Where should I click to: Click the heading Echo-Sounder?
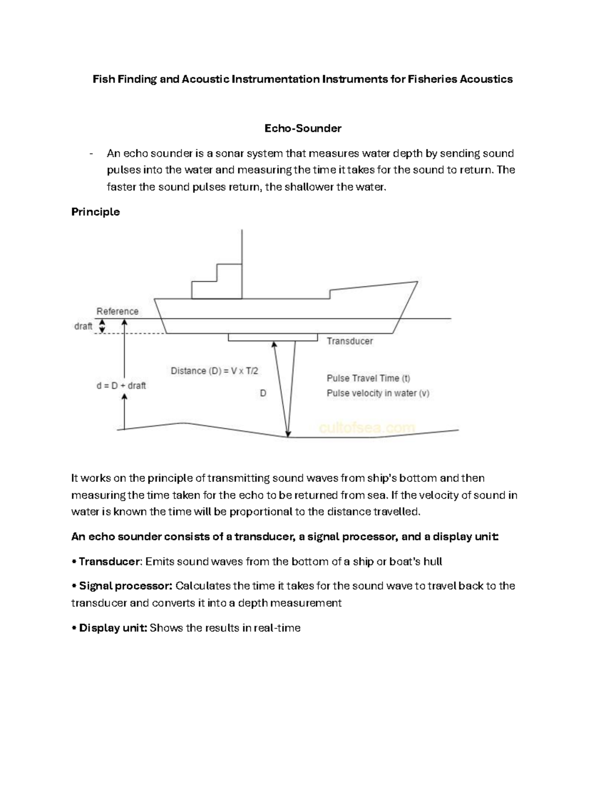[x=302, y=128]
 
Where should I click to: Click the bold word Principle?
[x=95, y=212]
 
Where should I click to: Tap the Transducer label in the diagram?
[x=349, y=341]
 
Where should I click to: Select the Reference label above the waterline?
[x=117, y=311]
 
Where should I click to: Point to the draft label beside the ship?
[x=83, y=327]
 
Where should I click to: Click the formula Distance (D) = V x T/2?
[x=214, y=371]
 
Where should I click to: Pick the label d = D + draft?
[x=121, y=386]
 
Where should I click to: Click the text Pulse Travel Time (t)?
[x=368, y=378]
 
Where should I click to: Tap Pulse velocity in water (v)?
[x=378, y=393]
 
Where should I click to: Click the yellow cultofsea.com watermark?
[x=367, y=428]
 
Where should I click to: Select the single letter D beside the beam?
[x=263, y=393]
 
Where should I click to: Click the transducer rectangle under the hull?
[x=272, y=337]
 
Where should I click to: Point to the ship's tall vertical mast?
[x=242, y=263]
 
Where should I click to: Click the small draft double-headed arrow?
[x=102, y=327]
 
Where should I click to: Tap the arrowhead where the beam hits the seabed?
[x=288, y=433]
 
